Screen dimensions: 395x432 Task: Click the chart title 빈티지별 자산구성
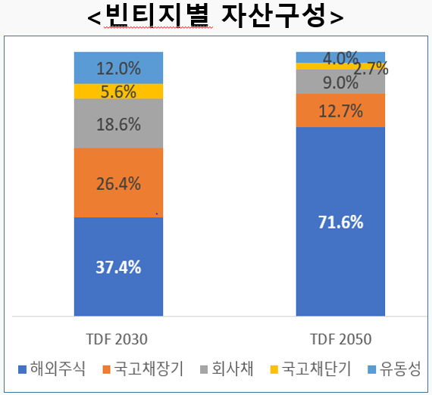215,16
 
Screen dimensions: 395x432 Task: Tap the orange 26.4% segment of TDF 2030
119,182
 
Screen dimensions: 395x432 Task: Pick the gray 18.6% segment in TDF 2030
119,124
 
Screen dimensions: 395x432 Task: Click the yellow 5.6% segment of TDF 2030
119,92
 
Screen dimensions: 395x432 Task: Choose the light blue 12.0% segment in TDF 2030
119,68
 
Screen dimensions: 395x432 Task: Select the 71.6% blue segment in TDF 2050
340,222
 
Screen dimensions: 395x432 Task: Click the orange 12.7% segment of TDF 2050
340,110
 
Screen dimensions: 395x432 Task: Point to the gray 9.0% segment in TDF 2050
340,82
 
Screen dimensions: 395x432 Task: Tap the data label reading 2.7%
371,68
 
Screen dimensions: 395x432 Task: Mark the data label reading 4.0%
340,58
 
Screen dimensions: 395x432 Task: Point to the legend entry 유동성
393,369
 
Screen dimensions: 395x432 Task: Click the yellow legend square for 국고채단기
274,370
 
